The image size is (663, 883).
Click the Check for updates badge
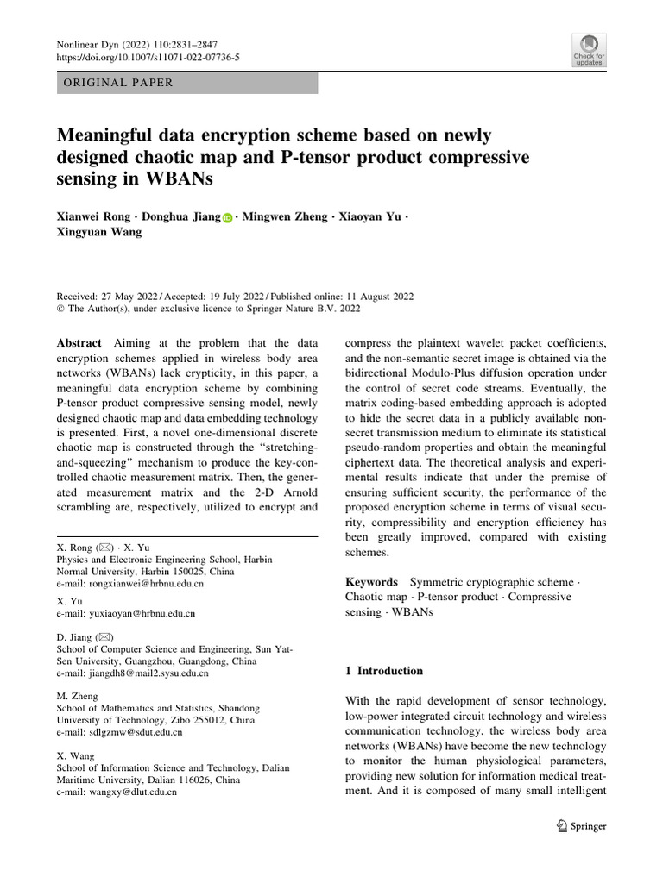[x=589, y=51]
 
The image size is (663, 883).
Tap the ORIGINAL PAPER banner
[x=186, y=83]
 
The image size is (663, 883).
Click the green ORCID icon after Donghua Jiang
[x=228, y=219]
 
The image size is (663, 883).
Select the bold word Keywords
[x=371, y=582]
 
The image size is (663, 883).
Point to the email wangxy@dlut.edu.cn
[x=135, y=791]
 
